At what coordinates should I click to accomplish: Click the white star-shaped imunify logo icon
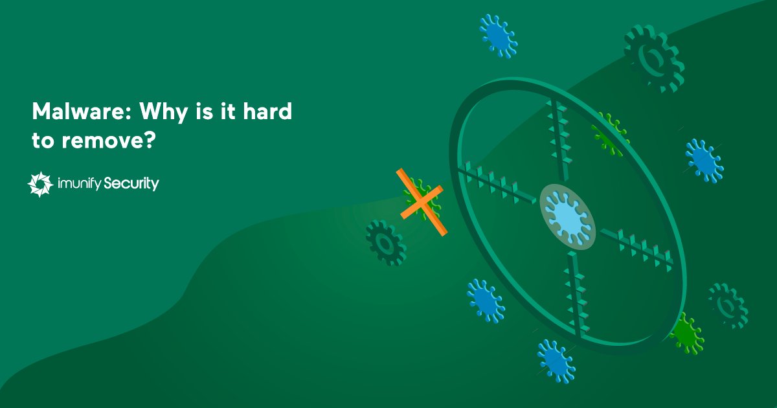coord(39,185)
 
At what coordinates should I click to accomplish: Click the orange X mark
coord(421,202)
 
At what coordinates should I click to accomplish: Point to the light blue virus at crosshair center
coord(567,216)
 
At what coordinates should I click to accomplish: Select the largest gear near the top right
coord(653,59)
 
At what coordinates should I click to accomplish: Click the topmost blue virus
coord(499,36)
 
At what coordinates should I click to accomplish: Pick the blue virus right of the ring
coord(704,160)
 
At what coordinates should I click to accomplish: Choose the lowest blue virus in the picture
coord(556,359)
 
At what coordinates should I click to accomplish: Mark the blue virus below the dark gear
coord(486,300)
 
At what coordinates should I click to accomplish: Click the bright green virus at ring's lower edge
coord(685,333)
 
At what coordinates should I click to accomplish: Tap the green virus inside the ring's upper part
coord(609,133)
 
